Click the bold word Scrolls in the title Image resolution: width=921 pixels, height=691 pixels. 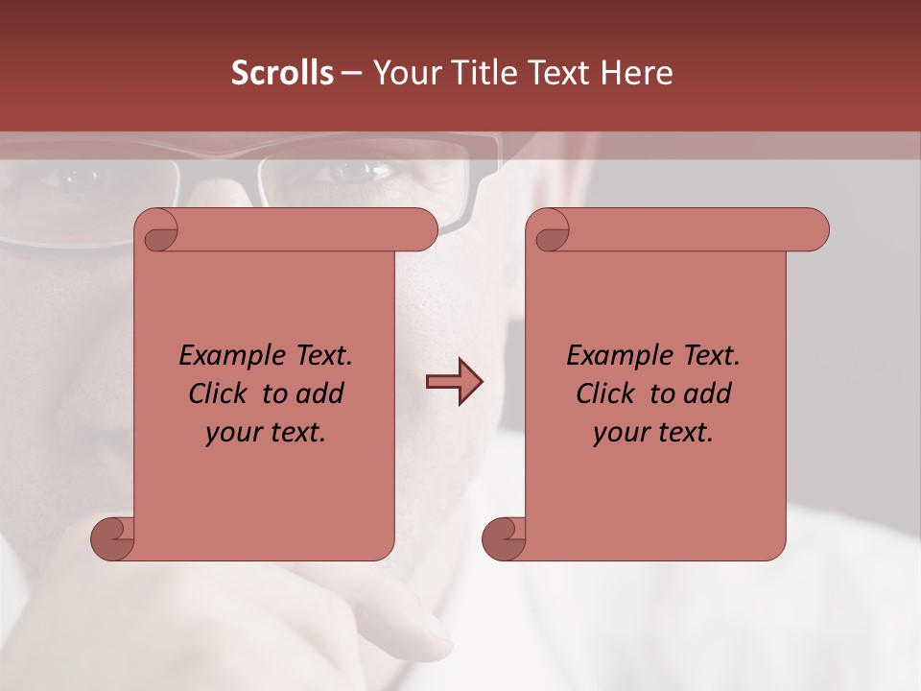[282, 73]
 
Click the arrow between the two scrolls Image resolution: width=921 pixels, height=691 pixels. [454, 381]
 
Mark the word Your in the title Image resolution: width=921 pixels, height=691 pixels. [404, 73]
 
